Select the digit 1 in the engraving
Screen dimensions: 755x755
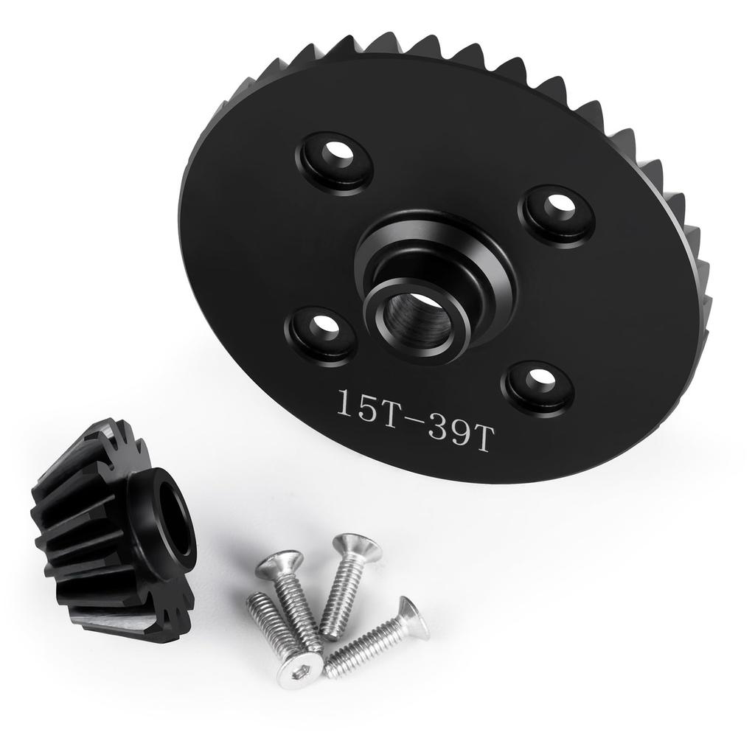[344, 403]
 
